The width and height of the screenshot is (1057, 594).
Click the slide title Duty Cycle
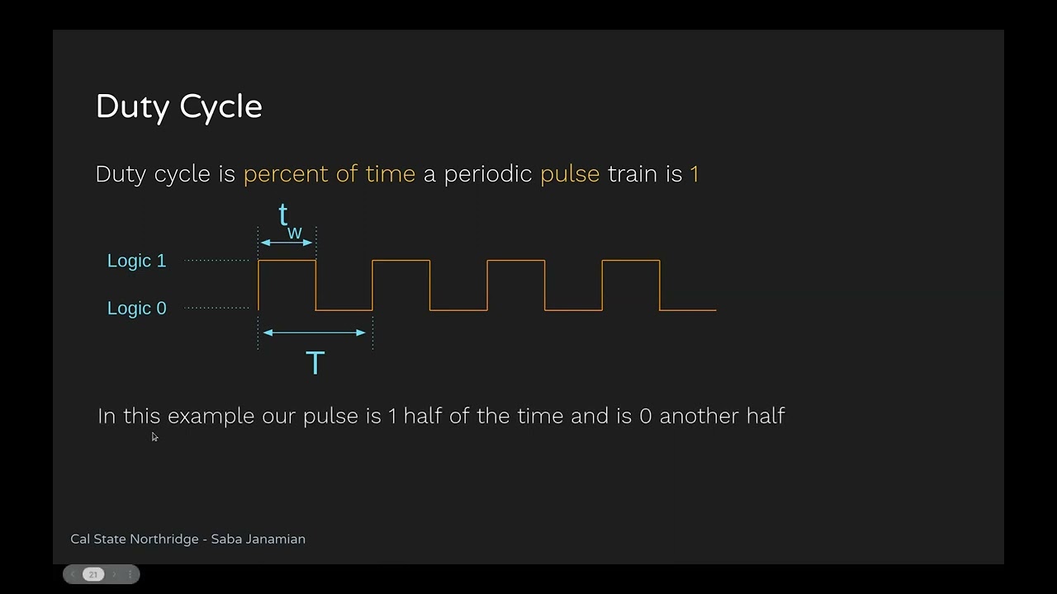click(179, 107)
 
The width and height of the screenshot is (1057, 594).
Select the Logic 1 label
click(137, 261)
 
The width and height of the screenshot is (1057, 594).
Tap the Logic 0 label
click(137, 309)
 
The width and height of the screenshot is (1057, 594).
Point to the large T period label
click(315, 362)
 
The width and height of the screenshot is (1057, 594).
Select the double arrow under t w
click(287, 243)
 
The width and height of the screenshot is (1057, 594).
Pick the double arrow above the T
click(315, 332)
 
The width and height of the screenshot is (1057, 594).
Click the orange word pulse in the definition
click(570, 174)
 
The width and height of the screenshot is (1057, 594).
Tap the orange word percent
click(286, 174)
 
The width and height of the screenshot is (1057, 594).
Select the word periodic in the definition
click(488, 174)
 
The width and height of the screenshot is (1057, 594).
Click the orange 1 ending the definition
click(694, 174)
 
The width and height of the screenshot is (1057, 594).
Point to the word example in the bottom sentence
click(211, 417)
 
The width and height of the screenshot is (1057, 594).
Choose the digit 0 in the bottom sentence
click(646, 417)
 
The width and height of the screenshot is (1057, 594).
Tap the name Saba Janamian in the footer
click(258, 539)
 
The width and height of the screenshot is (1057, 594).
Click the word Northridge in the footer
click(164, 539)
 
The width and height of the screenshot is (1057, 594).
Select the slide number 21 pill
click(93, 574)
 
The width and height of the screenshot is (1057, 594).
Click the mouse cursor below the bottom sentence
click(154, 437)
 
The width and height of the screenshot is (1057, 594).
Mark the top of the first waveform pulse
click(287, 260)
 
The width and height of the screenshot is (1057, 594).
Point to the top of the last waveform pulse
click(631, 260)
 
